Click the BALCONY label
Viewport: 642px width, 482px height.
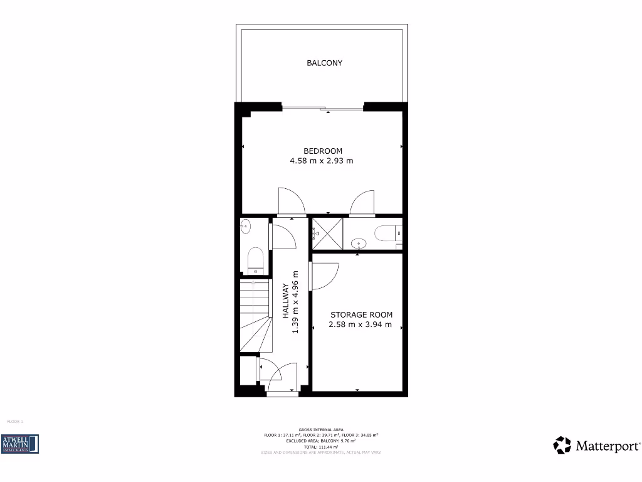324,63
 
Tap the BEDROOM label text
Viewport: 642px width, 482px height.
323,151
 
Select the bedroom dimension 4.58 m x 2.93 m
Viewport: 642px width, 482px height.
321,161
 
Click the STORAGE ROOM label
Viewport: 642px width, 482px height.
362,315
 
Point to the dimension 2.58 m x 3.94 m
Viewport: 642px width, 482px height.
360,325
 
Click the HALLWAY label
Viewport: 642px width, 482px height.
286,302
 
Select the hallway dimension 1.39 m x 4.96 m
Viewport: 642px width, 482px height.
296,302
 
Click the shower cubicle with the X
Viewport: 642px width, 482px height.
327,233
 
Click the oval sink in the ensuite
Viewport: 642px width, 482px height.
359,242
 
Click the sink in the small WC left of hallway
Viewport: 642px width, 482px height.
245,225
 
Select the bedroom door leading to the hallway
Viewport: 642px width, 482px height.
291,202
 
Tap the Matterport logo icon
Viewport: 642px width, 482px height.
562,446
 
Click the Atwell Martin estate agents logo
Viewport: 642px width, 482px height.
21,444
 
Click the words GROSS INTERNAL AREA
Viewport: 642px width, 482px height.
320,430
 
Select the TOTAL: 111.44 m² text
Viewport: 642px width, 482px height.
320,446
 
